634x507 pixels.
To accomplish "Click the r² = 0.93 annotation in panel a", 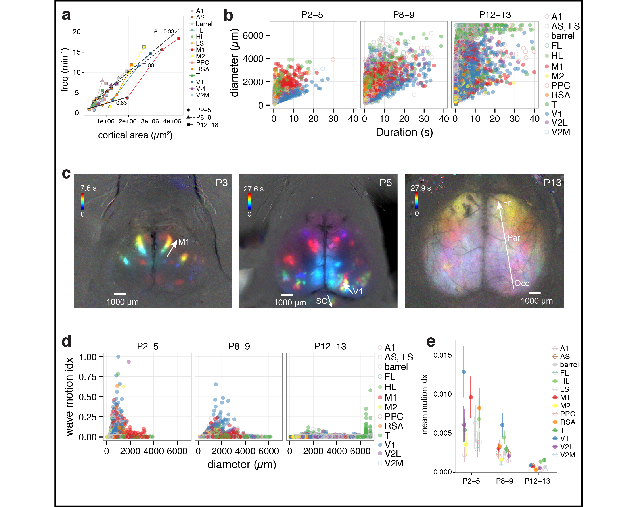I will [164, 31].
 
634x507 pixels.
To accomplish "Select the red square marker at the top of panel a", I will [179, 39].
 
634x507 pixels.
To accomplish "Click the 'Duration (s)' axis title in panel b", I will [404, 132].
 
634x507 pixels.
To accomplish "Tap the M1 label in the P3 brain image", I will [184, 242].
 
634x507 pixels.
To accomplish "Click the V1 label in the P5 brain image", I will [358, 292].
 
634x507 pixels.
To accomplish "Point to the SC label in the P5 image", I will [321, 301].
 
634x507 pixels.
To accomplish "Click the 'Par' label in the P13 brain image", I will [514, 238].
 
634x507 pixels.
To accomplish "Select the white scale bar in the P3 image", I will [120, 294].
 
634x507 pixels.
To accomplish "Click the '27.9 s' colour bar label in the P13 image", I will [421, 188].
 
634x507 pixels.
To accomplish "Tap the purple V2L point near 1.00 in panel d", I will [128, 362].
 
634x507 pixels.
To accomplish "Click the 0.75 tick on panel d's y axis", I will [88, 377].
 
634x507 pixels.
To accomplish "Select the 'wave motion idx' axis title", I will [69, 396].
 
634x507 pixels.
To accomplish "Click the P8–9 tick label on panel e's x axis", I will [504, 481].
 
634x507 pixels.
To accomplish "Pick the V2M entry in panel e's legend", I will [567, 455].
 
